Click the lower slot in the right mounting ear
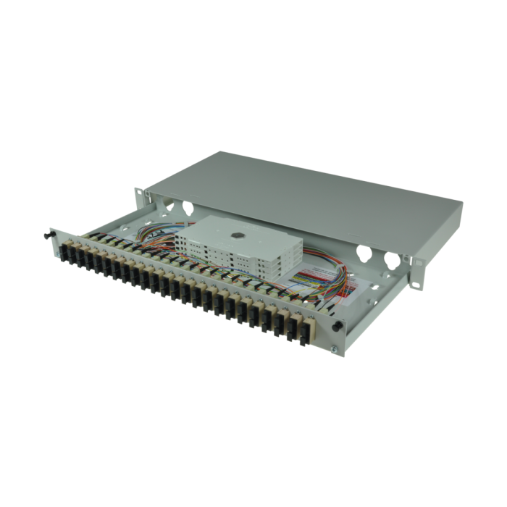[x=415, y=283]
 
